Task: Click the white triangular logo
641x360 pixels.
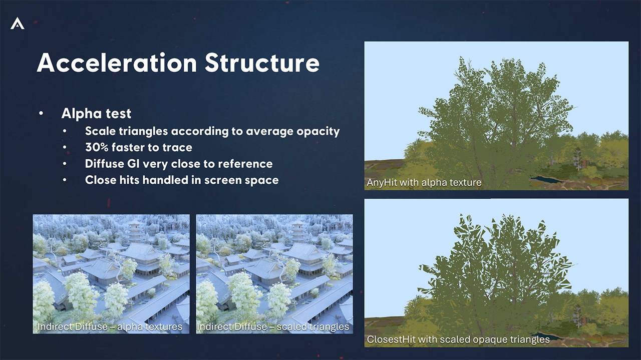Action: point(18,23)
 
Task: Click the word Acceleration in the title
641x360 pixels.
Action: point(117,63)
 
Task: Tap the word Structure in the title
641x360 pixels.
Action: point(262,63)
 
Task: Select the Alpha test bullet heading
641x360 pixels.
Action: point(96,113)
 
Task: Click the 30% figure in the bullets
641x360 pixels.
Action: point(97,147)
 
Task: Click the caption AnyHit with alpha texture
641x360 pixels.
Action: point(424,182)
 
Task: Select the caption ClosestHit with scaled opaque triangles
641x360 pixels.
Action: point(458,339)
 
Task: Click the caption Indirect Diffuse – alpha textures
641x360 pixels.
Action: point(110,326)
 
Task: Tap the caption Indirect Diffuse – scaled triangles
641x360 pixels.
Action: point(273,326)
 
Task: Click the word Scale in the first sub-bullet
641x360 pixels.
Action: point(100,131)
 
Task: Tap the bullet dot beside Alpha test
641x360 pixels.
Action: point(41,113)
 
